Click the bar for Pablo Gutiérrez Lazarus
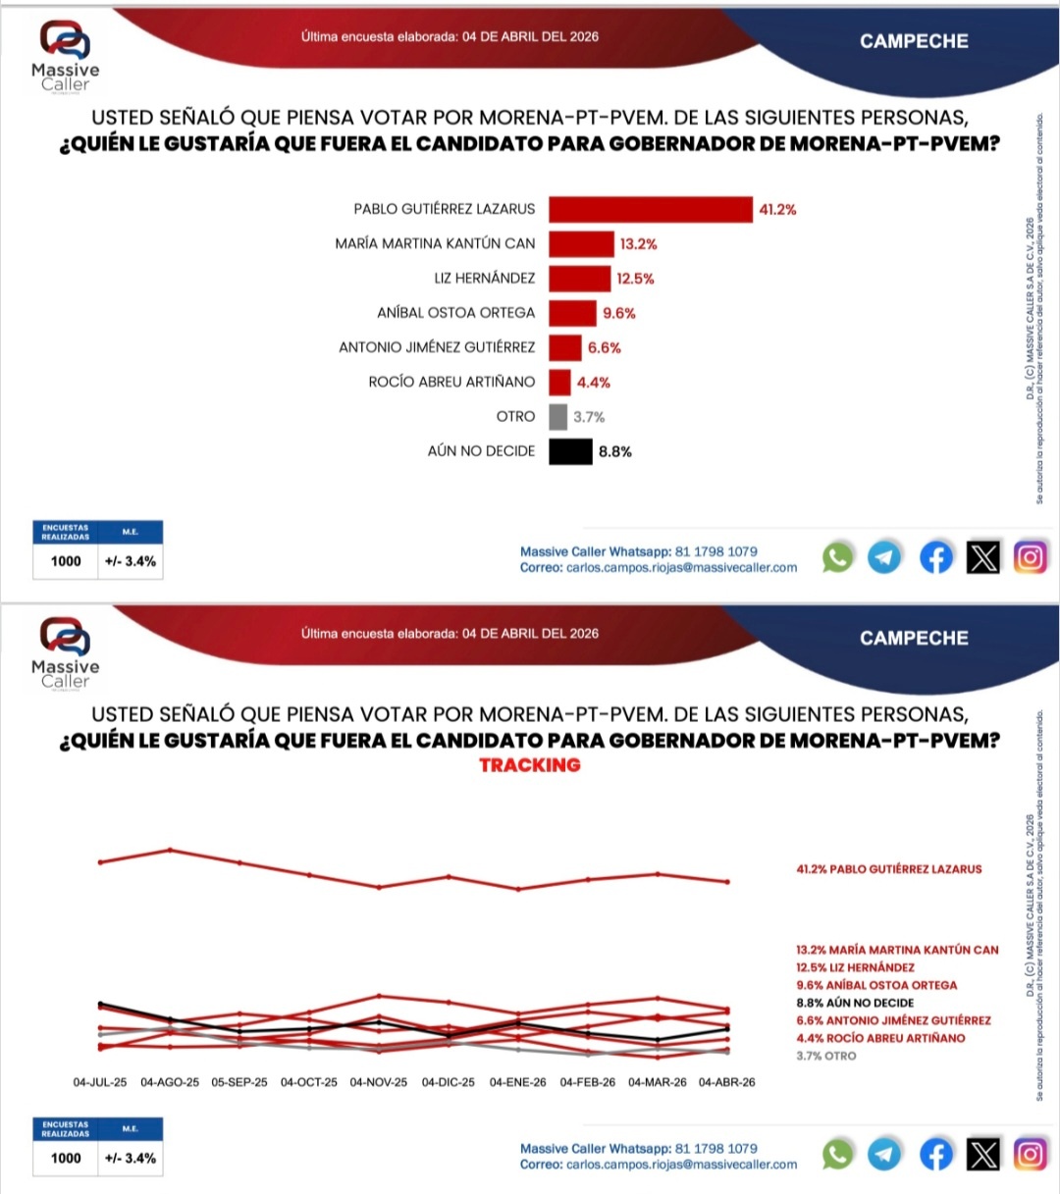tap(650, 210)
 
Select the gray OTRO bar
tap(557, 417)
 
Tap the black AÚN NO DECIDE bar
tap(570, 451)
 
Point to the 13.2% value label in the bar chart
tap(638, 244)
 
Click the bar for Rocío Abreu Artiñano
tap(559, 383)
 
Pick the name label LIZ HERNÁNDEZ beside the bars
tap(485, 279)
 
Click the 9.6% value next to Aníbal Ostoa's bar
tap(619, 313)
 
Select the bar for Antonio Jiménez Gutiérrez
tap(565, 348)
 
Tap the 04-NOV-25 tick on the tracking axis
tap(379, 1082)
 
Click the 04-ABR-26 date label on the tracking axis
tap(727, 1082)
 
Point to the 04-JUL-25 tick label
tap(100, 1082)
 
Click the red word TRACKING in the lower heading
tap(530, 765)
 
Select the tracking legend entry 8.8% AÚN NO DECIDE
tap(855, 1003)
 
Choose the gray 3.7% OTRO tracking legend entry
tap(826, 1056)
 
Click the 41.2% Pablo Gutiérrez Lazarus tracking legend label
tap(888, 869)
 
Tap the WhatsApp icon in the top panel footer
tap(837, 557)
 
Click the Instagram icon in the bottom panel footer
tap(1030, 1155)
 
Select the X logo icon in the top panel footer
tap(982, 557)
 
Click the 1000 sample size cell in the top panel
tap(66, 561)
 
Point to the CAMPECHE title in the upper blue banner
tap(914, 41)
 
